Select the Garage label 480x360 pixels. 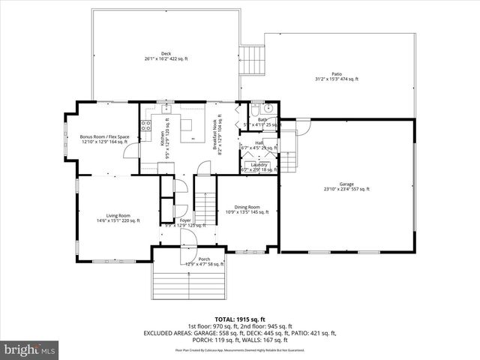[346, 186]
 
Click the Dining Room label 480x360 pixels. [247, 209]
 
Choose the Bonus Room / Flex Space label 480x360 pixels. [104, 139]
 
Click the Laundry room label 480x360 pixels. [259, 166]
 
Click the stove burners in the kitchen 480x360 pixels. [147, 124]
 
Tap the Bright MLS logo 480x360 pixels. [30, 349]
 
